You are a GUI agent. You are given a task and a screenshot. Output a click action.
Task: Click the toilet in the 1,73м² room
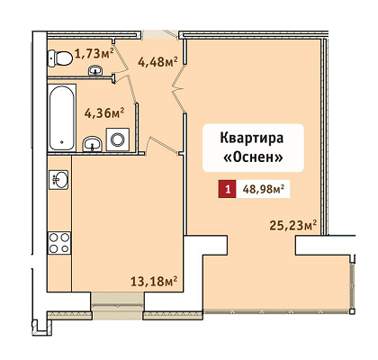60,58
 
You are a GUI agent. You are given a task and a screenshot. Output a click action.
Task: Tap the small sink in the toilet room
95,70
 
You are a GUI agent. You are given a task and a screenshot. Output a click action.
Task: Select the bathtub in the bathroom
61,118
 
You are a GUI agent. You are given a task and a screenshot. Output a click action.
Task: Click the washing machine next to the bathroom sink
118,139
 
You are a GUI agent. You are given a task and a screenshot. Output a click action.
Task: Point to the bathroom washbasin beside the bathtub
92,144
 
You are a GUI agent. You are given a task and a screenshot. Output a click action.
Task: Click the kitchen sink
58,179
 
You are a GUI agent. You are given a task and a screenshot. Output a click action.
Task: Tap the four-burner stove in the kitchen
59,243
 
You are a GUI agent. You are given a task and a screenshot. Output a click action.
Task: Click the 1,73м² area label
94,53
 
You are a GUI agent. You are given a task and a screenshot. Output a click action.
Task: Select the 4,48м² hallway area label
157,61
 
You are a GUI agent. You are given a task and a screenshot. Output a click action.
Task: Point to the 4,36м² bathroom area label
104,113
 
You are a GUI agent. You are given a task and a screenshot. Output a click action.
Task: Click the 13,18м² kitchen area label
154,281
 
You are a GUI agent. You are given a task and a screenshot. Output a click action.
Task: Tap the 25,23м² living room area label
293,225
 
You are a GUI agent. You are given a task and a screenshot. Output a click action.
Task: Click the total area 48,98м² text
264,189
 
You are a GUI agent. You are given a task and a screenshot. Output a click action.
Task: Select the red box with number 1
228,189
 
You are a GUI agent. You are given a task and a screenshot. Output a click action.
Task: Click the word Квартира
252,139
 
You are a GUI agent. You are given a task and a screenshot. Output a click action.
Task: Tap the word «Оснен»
254,157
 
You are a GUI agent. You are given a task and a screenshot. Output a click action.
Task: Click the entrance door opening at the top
160,34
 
